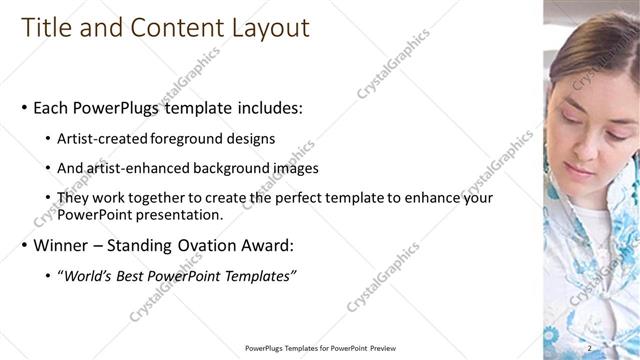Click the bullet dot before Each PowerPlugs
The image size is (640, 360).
pos(25,108)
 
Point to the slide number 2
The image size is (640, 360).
pos(591,347)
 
